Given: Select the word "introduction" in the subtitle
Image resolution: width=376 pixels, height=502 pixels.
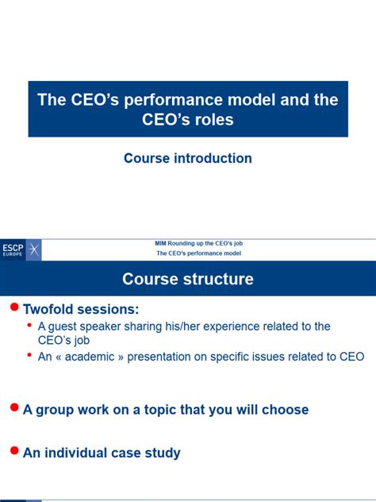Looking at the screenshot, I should click(209, 158).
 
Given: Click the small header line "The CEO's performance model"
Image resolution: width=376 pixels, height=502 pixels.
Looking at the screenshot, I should click(198, 253).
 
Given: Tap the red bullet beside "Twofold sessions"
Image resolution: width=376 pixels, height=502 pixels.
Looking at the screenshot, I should click(13, 307).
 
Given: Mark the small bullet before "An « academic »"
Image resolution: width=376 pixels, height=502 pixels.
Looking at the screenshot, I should click(30, 355).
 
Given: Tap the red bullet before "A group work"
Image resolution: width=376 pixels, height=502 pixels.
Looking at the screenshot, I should click(13, 407).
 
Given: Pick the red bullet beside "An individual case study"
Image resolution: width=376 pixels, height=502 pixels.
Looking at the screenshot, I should click(13, 450).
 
